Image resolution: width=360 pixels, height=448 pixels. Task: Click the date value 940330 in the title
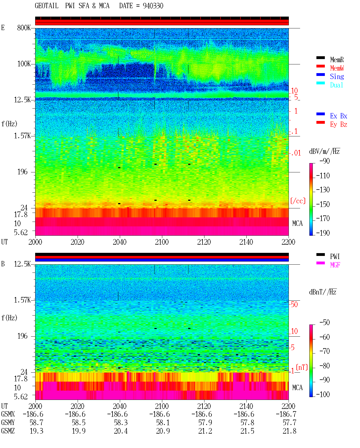coord(153,6)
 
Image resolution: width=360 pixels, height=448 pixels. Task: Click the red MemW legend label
coord(337,68)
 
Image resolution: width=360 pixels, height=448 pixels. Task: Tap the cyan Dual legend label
coord(336,85)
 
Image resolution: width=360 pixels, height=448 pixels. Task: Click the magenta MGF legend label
coord(335,265)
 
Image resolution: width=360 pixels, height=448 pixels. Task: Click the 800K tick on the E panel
coord(24,28)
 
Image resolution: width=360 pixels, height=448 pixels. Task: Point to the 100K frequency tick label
coord(24,64)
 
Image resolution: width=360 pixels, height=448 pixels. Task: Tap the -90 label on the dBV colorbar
coord(325,161)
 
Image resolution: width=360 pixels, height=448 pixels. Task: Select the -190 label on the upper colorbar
coord(323,233)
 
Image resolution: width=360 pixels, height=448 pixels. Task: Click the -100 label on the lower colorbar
coord(323,394)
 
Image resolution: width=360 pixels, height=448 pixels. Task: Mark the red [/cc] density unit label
coord(298,201)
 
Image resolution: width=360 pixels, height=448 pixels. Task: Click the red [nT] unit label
coord(302,367)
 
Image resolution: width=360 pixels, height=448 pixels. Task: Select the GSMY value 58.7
coord(36,423)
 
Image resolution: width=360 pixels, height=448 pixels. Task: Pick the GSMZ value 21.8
coord(289,431)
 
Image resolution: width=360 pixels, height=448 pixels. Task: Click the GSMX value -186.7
coord(286,414)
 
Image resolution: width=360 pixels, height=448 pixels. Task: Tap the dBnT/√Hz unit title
coord(323,292)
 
